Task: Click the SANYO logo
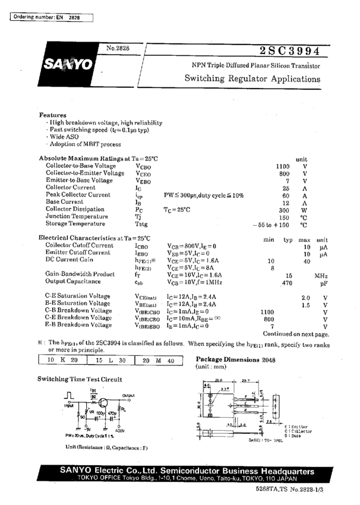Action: (x=67, y=63)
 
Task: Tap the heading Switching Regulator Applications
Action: (x=252, y=78)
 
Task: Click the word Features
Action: (x=53, y=115)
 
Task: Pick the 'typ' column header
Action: (x=288, y=239)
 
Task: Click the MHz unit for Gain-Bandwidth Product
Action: (x=321, y=276)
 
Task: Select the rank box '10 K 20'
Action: (x=62, y=361)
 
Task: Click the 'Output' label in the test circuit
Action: (x=128, y=396)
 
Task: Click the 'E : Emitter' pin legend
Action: (x=296, y=427)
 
